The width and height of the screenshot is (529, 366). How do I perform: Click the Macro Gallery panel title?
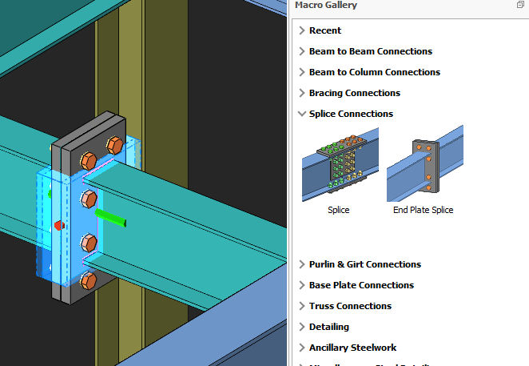coord(326,6)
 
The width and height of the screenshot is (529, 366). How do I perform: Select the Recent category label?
coord(324,30)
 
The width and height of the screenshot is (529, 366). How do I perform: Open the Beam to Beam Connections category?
coord(370,51)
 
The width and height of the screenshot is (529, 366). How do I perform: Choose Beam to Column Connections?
coord(374,72)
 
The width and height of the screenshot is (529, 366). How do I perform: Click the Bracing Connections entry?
coord(354,93)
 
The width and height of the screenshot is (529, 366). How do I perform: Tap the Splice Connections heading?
coord(351,114)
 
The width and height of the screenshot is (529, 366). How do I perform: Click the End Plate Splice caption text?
coord(423,210)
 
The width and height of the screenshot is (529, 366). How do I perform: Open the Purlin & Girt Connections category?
coord(364,264)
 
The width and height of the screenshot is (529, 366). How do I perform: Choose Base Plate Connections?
coord(361,285)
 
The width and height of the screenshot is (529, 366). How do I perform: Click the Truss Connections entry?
coord(350,306)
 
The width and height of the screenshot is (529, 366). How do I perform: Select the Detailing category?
coord(328,327)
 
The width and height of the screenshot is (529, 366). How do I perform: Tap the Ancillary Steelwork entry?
coord(352,348)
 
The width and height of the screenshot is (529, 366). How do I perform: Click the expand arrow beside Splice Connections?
coord(301,114)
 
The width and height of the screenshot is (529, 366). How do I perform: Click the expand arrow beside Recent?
coord(301,30)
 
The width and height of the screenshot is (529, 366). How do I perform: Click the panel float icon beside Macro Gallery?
coord(520,6)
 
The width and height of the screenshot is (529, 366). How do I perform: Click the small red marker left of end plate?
coord(57,224)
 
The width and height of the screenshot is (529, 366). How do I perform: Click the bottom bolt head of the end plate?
coord(89,280)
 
